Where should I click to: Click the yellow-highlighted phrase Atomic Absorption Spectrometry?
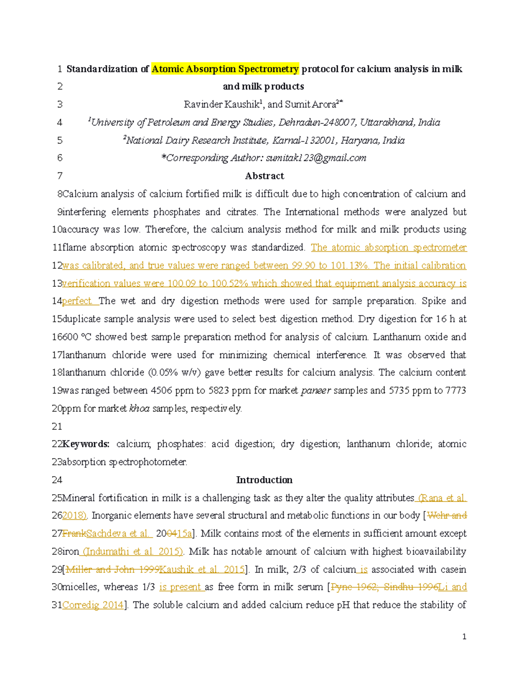(225, 69)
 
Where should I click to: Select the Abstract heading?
(264, 176)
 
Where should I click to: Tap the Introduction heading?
(264, 480)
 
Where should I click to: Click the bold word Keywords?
(86, 444)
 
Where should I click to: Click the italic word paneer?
(316, 390)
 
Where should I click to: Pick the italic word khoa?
(139, 408)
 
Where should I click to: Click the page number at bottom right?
(464, 636)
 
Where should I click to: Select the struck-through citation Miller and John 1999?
(112, 569)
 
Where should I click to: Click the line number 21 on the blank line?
(57, 426)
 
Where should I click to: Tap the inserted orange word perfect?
(77, 301)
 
